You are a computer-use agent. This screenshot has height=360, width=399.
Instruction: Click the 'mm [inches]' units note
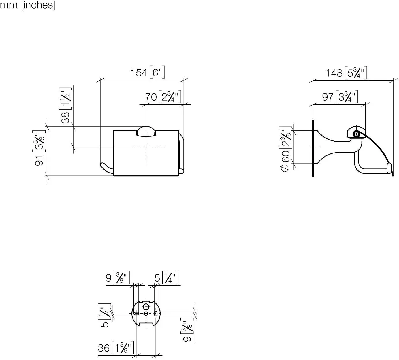[27, 5]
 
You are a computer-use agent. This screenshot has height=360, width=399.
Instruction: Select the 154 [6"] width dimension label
[148, 72]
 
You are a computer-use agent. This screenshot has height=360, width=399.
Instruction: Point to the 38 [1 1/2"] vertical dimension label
[65, 105]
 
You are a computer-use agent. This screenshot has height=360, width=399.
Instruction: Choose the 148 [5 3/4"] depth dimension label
[346, 73]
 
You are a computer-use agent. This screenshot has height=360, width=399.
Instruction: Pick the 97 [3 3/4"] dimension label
[340, 97]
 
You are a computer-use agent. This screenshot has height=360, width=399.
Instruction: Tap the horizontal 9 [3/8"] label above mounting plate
[118, 277]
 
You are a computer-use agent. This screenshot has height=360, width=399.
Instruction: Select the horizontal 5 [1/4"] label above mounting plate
[166, 277]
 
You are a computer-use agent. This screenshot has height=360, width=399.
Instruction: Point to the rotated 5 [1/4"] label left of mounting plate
[104, 315]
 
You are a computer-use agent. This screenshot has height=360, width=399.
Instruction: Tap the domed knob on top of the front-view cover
[146, 131]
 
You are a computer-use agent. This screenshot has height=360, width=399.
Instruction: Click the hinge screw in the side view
[356, 134]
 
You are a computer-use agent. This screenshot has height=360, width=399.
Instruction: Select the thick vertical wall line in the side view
[313, 148]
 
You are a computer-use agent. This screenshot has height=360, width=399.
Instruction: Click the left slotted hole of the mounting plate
[136, 314]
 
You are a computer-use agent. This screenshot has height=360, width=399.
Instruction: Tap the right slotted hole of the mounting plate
[156, 314]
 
